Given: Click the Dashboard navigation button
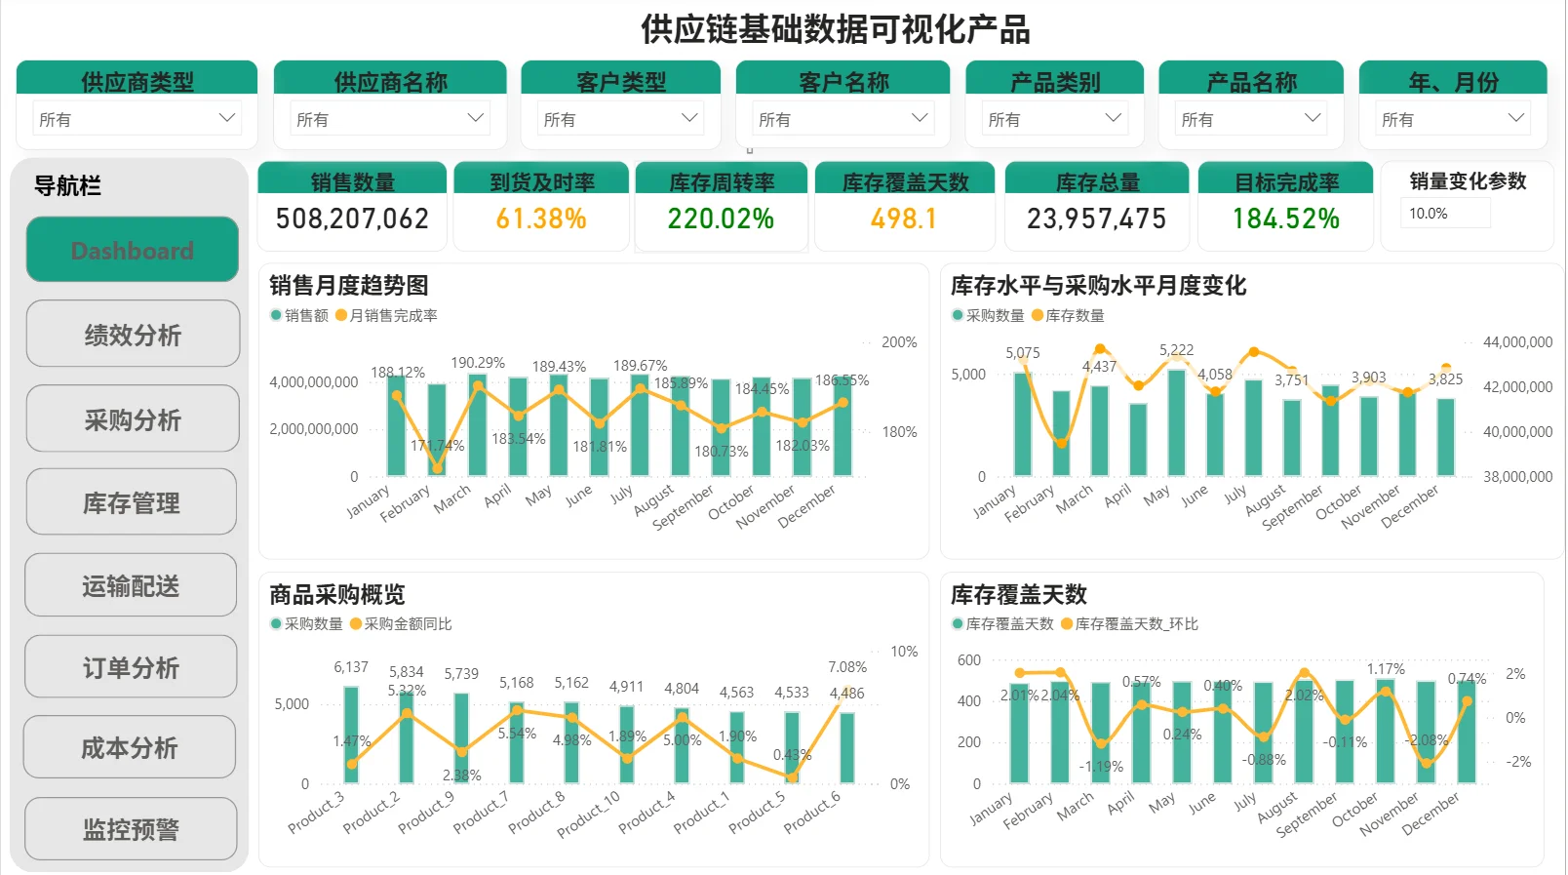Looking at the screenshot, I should (133, 250).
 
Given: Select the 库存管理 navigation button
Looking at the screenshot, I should (132, 502).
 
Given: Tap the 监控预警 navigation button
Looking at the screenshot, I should (132, 829).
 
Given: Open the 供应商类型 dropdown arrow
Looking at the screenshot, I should (227, 118).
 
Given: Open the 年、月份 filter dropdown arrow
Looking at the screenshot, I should (1515, 118).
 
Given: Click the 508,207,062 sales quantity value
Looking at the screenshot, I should (352, 219).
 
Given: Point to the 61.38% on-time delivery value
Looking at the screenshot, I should (541, 219).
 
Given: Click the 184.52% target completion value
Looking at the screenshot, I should (1285, 219).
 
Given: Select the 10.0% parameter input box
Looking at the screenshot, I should (1445, 214).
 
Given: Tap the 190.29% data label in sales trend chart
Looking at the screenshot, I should (478, 363).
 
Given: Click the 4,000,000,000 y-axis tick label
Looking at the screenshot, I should (314, 382).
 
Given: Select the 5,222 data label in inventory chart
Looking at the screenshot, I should (1176, 350).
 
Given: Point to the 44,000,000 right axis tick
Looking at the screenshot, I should (1517, 342).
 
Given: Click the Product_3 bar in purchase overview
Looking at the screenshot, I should (351, 736).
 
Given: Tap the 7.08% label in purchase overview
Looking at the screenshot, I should (846, 667).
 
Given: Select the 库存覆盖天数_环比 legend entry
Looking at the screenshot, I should (1136, 623).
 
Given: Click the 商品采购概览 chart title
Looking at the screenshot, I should (336, 594).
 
